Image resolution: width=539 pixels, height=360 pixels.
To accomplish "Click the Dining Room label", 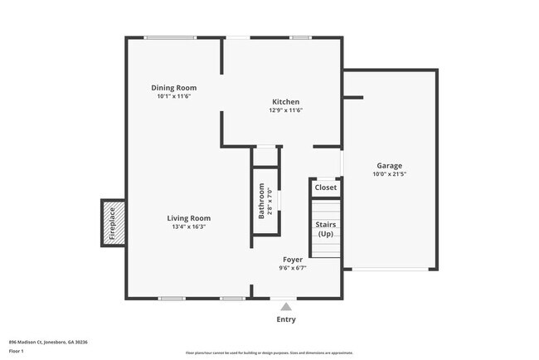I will pyautogui.click(x=173, y=87).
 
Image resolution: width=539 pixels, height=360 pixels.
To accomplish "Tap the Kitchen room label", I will pyautogui.click(x=285, y=101).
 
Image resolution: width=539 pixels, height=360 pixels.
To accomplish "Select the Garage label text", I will pyautogui.click(x=389, y=165).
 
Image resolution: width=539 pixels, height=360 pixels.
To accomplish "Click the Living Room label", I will pyautogui.click(x=187, y=217).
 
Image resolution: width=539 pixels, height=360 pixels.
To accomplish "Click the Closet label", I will pyautogui.click(x=325, y=187).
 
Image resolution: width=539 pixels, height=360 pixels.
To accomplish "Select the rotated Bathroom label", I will pyautogui.click(x=261, y=202).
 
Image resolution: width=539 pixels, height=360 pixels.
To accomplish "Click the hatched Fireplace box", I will pyautogui.click(x=113, y=222).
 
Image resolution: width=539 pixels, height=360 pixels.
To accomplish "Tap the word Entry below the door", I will pyautogui.click(x=285, y=319).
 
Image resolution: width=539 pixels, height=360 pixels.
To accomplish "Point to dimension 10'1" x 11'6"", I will pyautogui.click(x=173, y=96).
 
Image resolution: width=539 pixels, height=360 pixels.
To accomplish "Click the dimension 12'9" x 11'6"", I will pyautogui.click(x=285, y=110).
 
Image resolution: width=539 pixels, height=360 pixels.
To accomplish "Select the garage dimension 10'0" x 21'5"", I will pyautogui.click(x=389, y=174).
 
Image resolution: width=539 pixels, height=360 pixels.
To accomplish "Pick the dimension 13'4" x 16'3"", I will pyautogui.click(x=187, y=226).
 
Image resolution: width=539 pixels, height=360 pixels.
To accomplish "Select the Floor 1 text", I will pyautogui.click(x=17, y=351).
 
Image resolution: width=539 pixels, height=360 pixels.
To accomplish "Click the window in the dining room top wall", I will pyautogui.click(x=171, y=37).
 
